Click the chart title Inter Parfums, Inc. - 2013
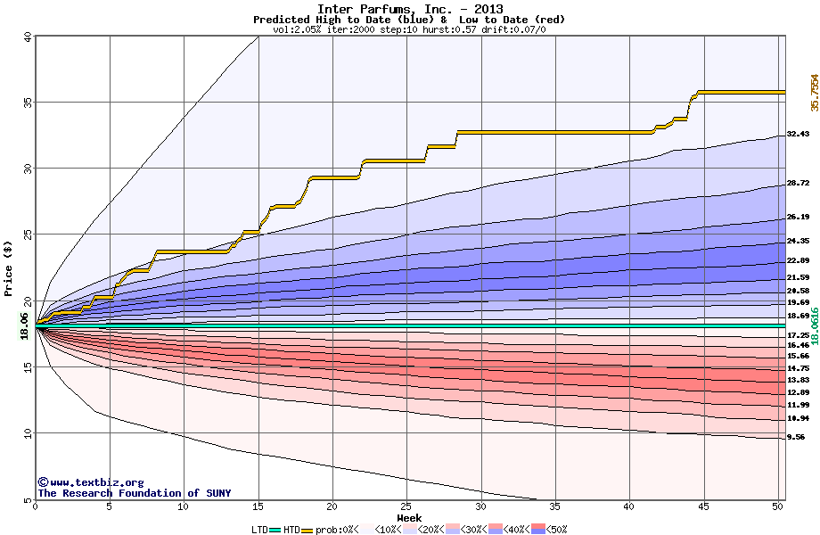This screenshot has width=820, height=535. (x=409, y=9)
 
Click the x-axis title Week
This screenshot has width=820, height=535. (x=409, y=517)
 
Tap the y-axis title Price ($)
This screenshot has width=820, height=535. (x=9, y=267)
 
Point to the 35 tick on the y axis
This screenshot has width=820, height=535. (x=27, y=103)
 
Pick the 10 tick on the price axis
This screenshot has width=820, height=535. (x=27, y=433)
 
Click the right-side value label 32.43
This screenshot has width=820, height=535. (x=798, y=134)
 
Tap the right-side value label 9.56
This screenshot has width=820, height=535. (x=796, y=438)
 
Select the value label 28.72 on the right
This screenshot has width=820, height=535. (x=798, y=183)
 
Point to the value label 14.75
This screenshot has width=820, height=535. (x=798, y=367)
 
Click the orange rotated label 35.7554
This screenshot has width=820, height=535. (x=814, y=93)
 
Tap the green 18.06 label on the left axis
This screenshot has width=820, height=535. (x=24, y=326)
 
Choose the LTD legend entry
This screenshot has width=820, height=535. (x=262, y=530)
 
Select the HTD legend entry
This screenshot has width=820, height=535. (x=292, y=530)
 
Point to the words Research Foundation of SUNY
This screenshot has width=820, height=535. (x=143, y=493)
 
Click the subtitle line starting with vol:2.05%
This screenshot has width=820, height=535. (x=409, y=29)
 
